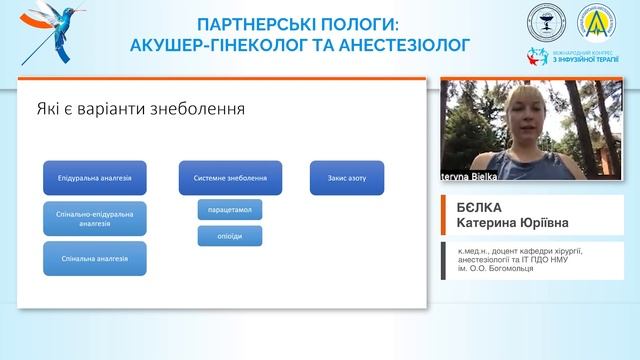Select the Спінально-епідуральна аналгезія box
(x=96, y=219)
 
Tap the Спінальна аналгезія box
(x=96, y=258)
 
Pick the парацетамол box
(x=229, y=211)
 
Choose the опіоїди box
(x=229, y=236)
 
